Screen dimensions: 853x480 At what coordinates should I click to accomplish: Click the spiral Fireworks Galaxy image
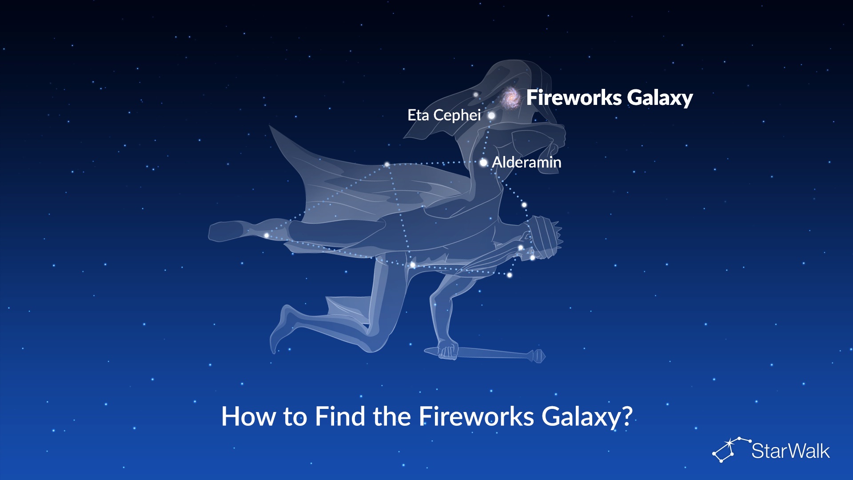511,98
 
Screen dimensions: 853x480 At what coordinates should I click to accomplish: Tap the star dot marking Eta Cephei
491,116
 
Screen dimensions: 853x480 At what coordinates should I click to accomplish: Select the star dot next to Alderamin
483,163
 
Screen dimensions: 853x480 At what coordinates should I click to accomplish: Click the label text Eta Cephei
444,115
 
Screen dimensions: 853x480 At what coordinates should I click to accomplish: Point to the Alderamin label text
526,162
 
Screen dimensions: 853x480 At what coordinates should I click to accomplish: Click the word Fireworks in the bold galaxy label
574,97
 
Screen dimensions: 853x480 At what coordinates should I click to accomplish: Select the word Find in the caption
341,416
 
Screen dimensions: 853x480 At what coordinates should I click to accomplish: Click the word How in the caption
249,416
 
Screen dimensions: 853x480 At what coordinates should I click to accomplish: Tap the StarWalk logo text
790,451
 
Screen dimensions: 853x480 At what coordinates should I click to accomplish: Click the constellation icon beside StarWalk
731,449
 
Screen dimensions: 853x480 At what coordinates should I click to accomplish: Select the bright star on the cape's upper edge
387,165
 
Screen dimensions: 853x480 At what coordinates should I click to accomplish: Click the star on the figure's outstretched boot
267,236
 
